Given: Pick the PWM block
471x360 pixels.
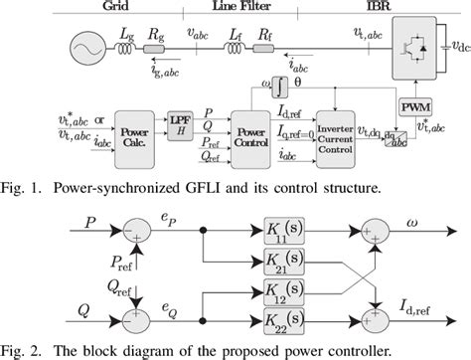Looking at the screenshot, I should (x=410, y=106).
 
